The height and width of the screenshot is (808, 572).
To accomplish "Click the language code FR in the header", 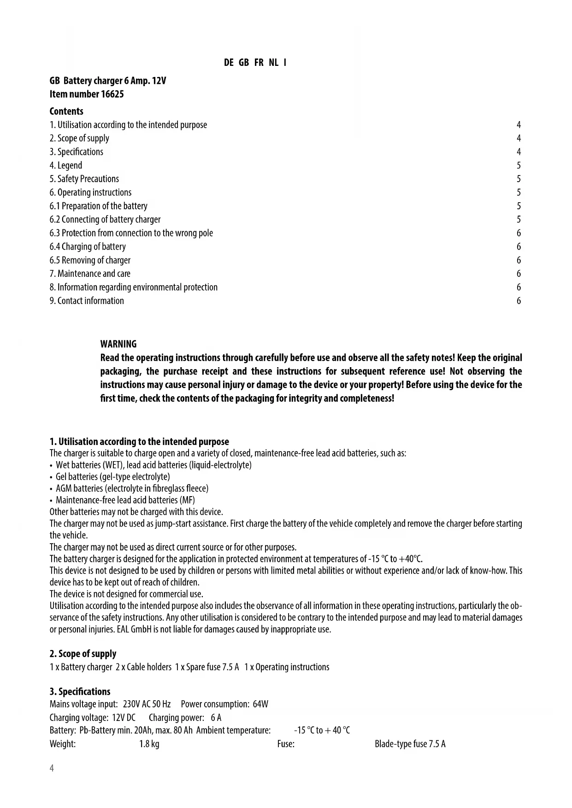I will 259,63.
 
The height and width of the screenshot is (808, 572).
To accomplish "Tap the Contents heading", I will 66,111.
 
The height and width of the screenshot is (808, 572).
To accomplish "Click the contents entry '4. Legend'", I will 66,165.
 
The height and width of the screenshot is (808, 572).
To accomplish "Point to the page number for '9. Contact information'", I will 519,301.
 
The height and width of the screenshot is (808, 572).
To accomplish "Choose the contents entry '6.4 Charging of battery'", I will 88,247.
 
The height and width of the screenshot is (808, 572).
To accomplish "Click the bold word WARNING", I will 118,344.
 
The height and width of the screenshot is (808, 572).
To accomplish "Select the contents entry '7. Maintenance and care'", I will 90,274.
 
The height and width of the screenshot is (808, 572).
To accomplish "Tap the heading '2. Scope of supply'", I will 83,654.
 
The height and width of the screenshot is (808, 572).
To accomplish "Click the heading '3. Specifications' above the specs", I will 80,691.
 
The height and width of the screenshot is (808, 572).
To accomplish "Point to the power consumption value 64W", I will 260,704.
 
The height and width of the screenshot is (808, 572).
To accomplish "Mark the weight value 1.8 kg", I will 149,744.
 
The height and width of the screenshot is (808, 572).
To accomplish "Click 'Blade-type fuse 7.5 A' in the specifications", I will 410,744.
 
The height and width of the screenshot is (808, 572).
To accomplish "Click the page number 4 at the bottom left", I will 52,768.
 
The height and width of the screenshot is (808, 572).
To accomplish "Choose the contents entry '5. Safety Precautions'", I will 84,179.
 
